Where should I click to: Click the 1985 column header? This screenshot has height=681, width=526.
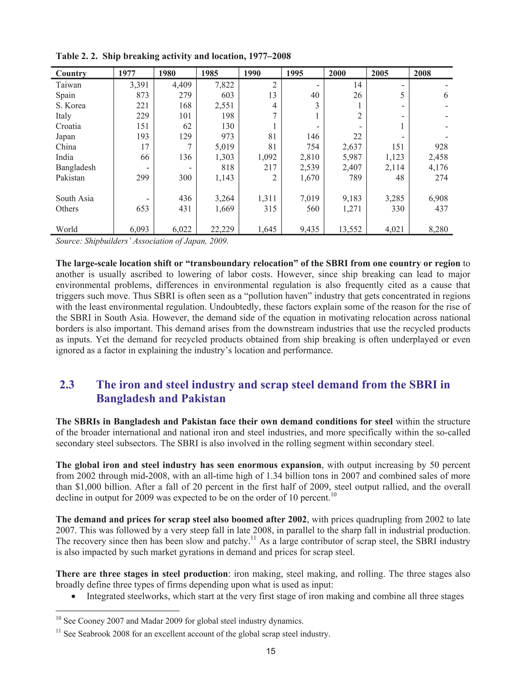tap(209, 73)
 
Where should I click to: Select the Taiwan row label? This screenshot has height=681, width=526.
tap(69, 85)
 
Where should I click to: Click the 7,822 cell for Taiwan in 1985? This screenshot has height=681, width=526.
tap(224, 85)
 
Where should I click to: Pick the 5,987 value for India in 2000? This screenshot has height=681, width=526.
tap(352, 157)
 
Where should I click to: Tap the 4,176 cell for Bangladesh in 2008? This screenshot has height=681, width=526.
tap(438, 168)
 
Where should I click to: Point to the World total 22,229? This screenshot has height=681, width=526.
tap(222, 229)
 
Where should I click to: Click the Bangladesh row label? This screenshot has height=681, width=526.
tap(76, 168)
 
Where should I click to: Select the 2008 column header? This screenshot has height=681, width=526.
tap(422, 73)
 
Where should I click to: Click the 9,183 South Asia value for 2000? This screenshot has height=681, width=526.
tap(352, 198)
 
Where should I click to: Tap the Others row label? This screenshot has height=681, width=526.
tap(67, 209)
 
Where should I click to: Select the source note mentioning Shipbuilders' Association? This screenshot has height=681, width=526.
tap(142, 241)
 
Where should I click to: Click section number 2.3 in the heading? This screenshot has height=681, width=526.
tap(67, 384)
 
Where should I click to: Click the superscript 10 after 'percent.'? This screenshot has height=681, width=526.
tap(333, 495)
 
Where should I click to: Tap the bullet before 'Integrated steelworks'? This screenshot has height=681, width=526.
tap(73, 597)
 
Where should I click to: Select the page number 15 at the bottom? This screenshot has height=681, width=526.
tap(271, 651)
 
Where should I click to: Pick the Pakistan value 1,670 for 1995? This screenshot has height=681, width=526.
tap(310, 178)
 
